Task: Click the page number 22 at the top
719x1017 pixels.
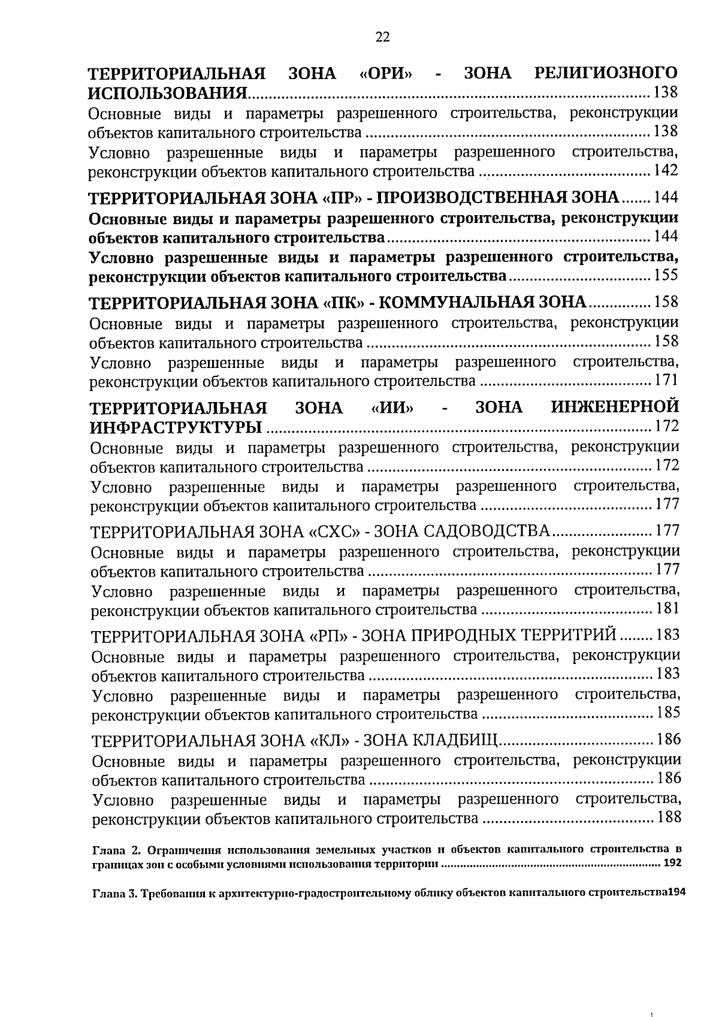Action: pos(382,38)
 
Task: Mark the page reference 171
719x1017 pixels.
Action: pos(666,380)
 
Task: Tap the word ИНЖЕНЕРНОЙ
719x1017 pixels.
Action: pos(615,408)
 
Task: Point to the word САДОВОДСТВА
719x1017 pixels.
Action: pos(487,532)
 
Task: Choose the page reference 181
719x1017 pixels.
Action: pos(667,609)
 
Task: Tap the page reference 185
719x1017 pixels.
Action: pos(668,713)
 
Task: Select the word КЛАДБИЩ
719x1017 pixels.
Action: pos(455,740)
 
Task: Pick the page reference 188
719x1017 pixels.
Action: pos(669,817)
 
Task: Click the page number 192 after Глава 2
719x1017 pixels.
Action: pos(672,864)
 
